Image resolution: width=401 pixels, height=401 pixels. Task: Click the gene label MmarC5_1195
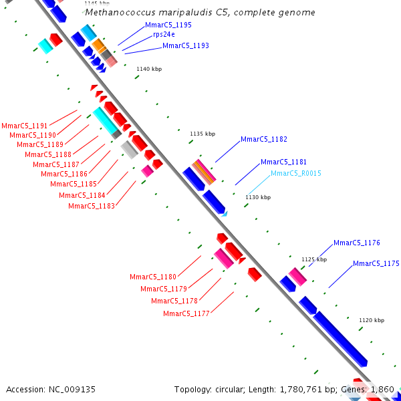(168, 25)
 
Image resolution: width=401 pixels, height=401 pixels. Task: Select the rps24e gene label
(164, 34)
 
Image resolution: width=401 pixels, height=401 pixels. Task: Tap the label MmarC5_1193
(186, 45)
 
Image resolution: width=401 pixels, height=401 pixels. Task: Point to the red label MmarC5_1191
(25, 126)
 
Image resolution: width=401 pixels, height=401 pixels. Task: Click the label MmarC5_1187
(56, 164)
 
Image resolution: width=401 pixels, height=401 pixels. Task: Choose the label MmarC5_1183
(92, 206)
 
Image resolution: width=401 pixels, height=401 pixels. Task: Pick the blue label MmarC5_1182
(264, 139)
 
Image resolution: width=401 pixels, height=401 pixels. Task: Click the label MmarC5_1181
(284, 162)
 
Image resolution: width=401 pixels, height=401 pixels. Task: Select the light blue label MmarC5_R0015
(296, 174)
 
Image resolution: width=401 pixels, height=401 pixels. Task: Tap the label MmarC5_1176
(357, 243)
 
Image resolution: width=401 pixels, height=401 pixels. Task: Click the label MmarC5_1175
(376, 263)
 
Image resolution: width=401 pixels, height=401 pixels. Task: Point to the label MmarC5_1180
(153, 277)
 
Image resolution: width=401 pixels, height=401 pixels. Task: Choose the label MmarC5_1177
(186, 313)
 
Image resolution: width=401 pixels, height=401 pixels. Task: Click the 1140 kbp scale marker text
(149, 69)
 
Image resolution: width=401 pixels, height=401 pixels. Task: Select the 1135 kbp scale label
(203, 134)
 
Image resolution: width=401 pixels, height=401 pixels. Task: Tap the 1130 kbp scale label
(258, 197)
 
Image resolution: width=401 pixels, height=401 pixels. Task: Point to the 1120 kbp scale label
(372, 320)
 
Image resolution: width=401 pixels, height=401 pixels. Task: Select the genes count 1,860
(382, 389)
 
